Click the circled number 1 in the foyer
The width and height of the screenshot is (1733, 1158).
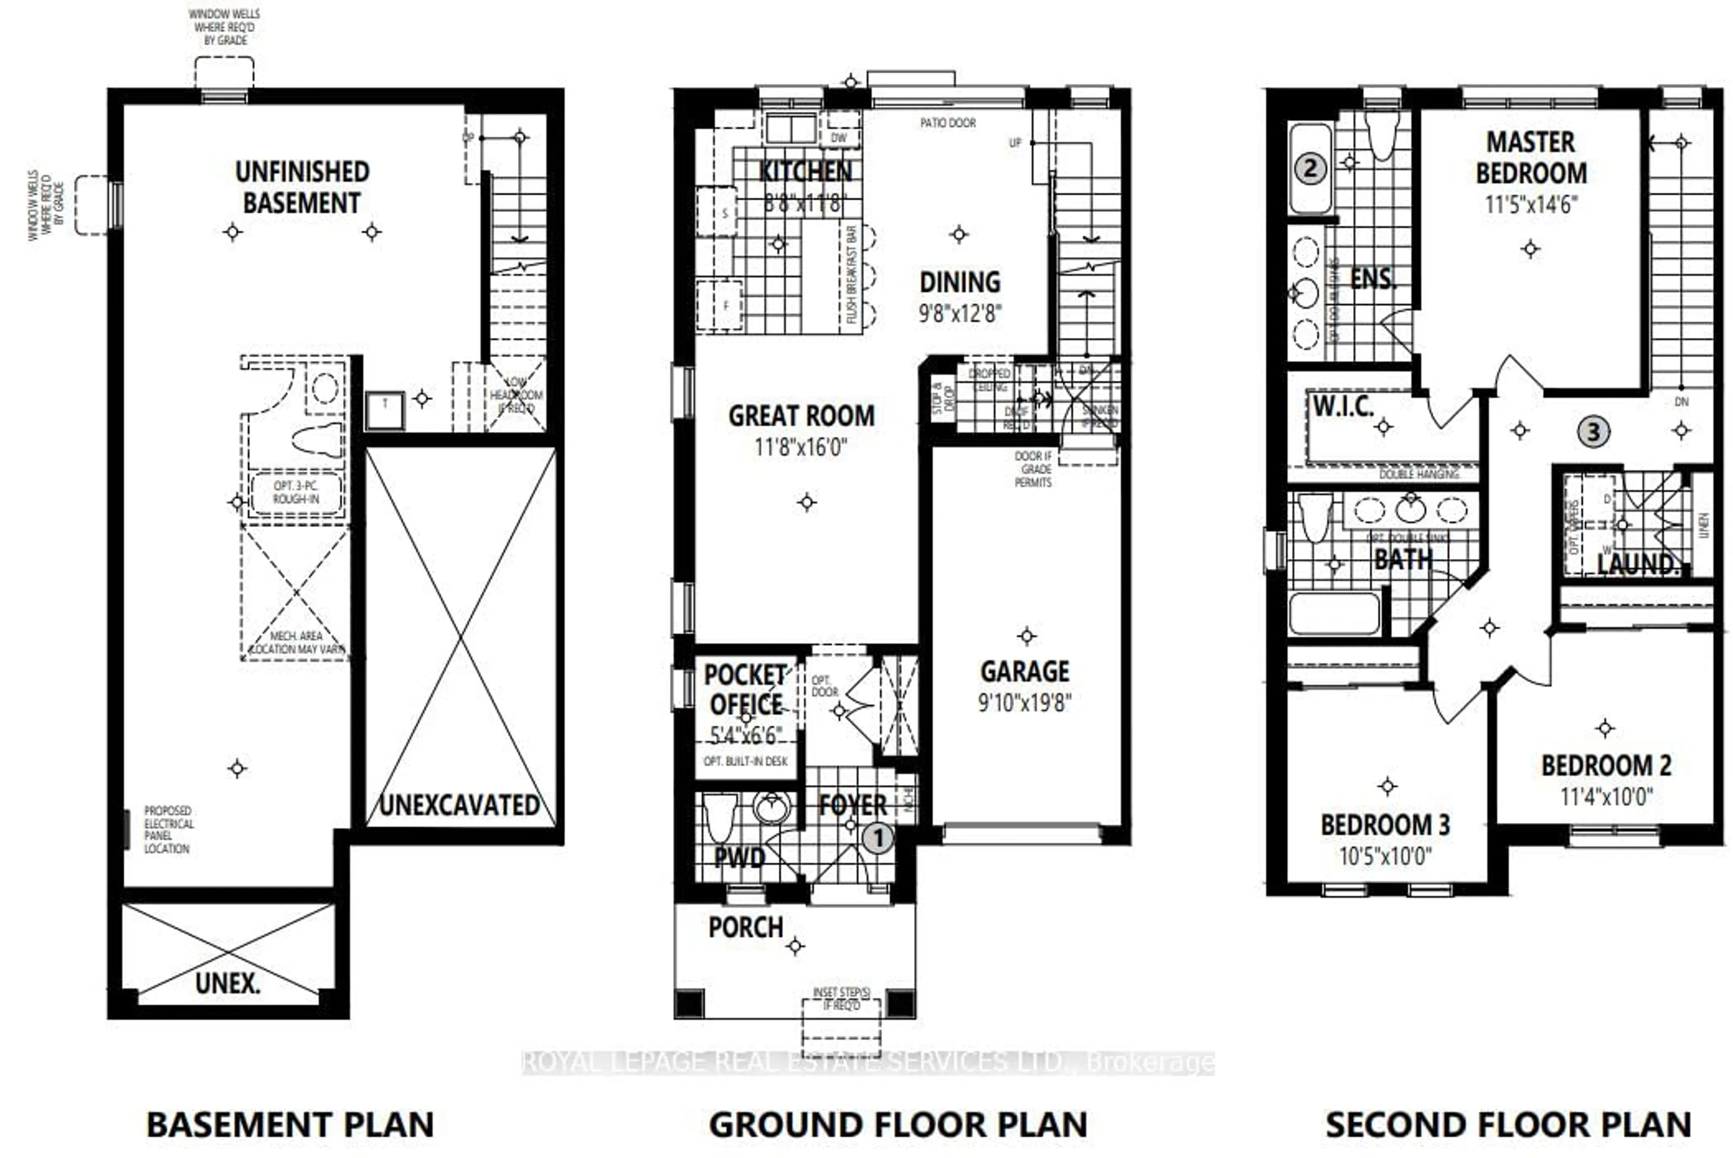(x=878, y=838)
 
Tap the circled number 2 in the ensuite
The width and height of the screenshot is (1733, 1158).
(x=1310, y=168)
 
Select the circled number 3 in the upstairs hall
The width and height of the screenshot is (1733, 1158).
(x=1594, y=431)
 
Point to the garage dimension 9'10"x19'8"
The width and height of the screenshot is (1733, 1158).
(x=1024, y=702)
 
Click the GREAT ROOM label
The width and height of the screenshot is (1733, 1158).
(x=802, y=416)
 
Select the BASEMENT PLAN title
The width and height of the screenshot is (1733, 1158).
(x=290, y=1125)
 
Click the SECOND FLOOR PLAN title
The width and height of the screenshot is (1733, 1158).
(x=1508, y=1125)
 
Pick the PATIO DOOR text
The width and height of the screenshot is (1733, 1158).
(x=948, y=123)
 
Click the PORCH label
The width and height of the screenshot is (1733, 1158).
(x=746, y=927)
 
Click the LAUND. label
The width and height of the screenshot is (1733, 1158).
(x=1638, y=564)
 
